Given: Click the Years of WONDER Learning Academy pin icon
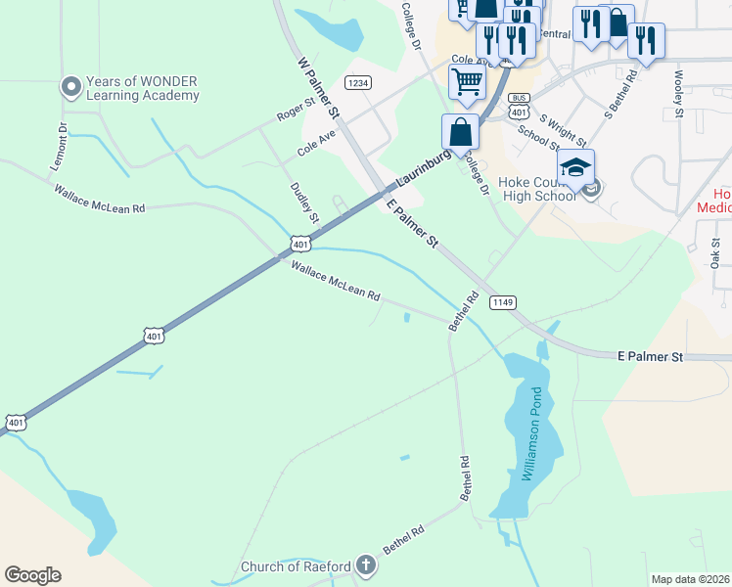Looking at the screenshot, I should tap(70, 87).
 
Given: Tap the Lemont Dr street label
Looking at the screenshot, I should tap(63, 147).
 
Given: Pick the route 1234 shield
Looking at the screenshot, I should tap(358, 83).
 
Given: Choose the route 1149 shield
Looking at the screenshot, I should tap(503, 302).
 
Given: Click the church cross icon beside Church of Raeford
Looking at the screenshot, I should tap(365, 564).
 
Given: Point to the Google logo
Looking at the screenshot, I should tap(32, 575).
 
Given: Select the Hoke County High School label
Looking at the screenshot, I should tap(537, 188).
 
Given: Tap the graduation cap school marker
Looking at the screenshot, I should tap(575, 166).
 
